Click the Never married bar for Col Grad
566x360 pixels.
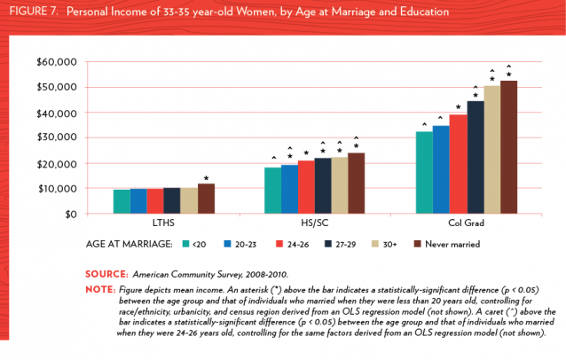(508, 147)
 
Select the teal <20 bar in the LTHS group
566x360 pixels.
(121, 201)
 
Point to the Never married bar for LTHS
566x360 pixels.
(206, 199)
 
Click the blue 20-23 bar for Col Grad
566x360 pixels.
(441, 169)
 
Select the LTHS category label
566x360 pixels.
(164, 223)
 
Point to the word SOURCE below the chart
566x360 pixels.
(108, 272)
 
